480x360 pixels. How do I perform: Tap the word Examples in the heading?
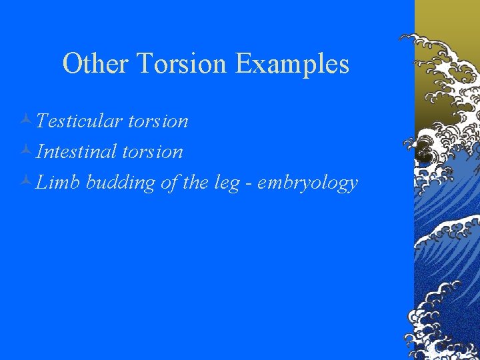pos(291,64)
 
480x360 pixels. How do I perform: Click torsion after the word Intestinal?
pos(152,151)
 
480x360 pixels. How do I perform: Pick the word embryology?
pos(307,183)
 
